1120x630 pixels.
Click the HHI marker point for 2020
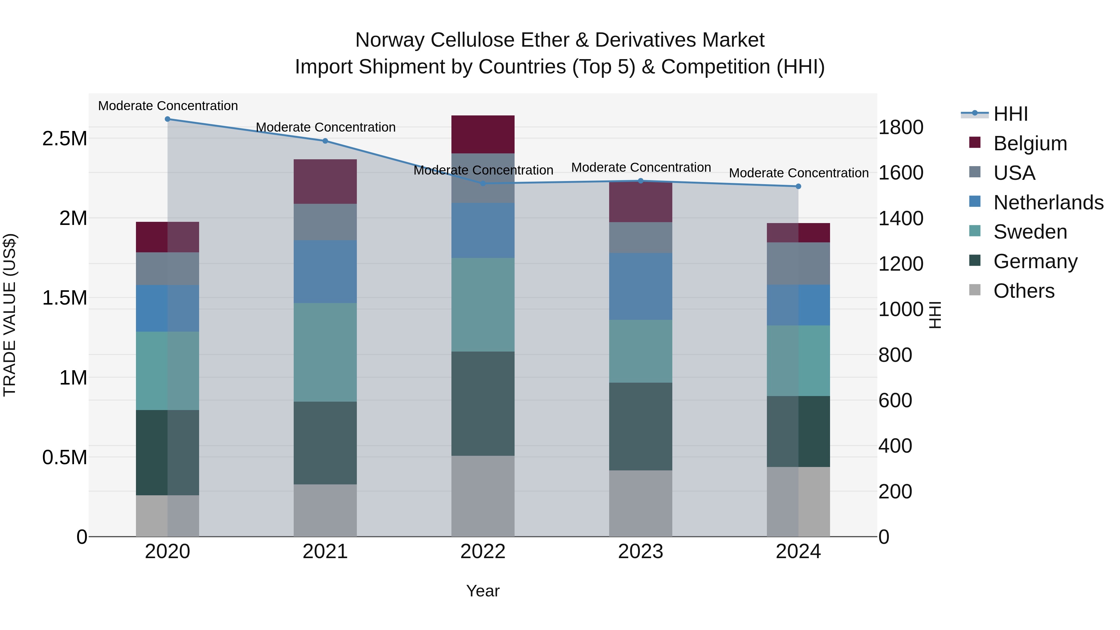pos(167,119)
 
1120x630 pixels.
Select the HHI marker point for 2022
pos(483,184)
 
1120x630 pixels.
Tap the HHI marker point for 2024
pos(798,187)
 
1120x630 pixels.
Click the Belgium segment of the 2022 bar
pos(483,134)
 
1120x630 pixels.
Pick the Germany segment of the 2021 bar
pos(325,443)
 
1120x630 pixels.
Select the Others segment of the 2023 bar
pos(641,503)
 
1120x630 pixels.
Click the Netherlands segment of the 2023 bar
pos(641,287)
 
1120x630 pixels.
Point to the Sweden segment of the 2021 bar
pos(325,352)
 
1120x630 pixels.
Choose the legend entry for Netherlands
pos(1048,203)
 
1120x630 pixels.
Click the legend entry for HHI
pos(1010,114)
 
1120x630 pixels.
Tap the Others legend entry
pos(1024,291)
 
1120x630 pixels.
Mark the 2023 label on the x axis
pos(641,552)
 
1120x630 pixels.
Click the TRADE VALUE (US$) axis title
pos(10,315)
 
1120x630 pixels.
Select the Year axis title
pos(483,591)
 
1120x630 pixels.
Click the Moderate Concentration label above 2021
pos(325,127)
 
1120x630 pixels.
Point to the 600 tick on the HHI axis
pos(895,400)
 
